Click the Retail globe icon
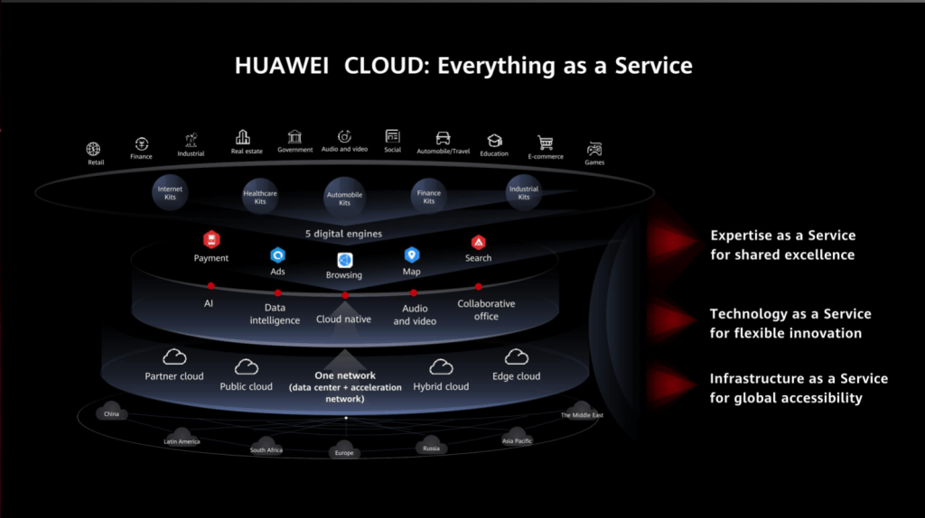(x=94, y=149)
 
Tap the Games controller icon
(x=594, y=149)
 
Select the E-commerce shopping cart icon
(x=545, y=143)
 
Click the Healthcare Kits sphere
(x=260, y=197)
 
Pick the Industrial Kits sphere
(x=524, y=193)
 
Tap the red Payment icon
(x=211, y=239)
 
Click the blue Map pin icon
(x=411, y=255)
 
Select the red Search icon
(x=478, y=242)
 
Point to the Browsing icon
(x=344, y=260)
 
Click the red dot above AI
(x=210, y=286)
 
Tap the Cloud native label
(x=343, y=319)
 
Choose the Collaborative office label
(x=486, y=310)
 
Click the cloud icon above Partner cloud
(x=173, y=357)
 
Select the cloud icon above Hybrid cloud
(x=441, y=366)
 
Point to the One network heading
(x=345, y=375)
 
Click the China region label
(x=112, y=414)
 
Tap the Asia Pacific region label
(x=517, y=440)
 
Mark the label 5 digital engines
(x=344, y=234)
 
